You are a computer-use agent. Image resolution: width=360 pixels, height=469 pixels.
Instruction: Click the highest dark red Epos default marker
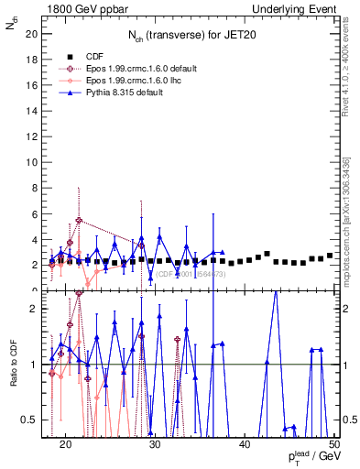point(79,220)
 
